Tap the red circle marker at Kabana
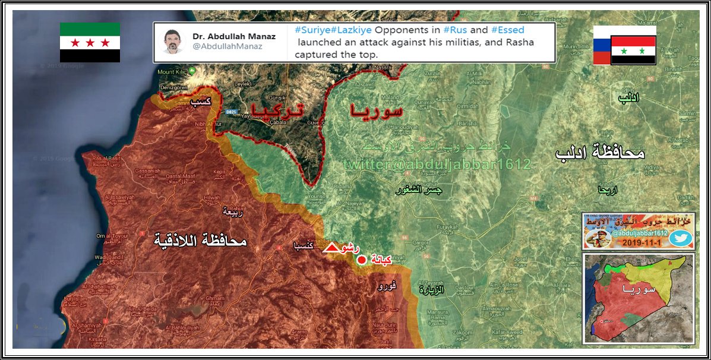click(361, 260)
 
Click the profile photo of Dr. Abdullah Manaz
click(173, 41)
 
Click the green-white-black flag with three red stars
click(90, 42)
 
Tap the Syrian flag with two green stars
click(633, 50)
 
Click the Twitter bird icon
click(680, 238)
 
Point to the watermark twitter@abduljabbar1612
click(437, 165)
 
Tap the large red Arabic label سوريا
click(377, 111)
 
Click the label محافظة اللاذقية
click(200, 241)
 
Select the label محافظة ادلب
click(600, 153)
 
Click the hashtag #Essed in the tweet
click(507, 29)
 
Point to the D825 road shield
click(232, 112)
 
